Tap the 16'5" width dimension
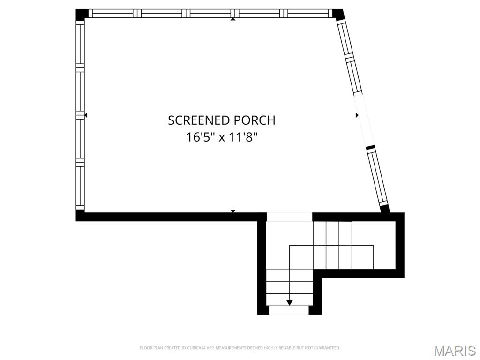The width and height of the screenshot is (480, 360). pyautogui.click(x=199, y=137)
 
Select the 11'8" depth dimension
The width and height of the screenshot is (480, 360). pyautogui.click(x=242, y=137)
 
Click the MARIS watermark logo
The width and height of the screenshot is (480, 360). pyautogui.click(x=454, y=351)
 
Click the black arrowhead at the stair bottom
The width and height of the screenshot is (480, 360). pyautogui.click(x=289, y=302)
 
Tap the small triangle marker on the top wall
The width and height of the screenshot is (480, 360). pyautogui.click(x=233, y=19)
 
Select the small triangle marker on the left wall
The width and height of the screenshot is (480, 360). pyautogui.click(x=85, y=115)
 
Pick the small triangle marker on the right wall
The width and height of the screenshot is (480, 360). pyautogui.click(x=357, y=115)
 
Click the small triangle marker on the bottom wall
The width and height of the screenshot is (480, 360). pyautogui.click(x=233, y=211)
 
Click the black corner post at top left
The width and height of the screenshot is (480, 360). pyautogui.click(x=82, y=15)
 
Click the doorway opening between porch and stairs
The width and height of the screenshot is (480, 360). pyautogui.click(x=289, y=217)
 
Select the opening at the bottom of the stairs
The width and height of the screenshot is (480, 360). pyautogui.click(x=289, y=310)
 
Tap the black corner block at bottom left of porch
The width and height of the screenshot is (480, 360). pyautogui.click(x=80, y=216)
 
